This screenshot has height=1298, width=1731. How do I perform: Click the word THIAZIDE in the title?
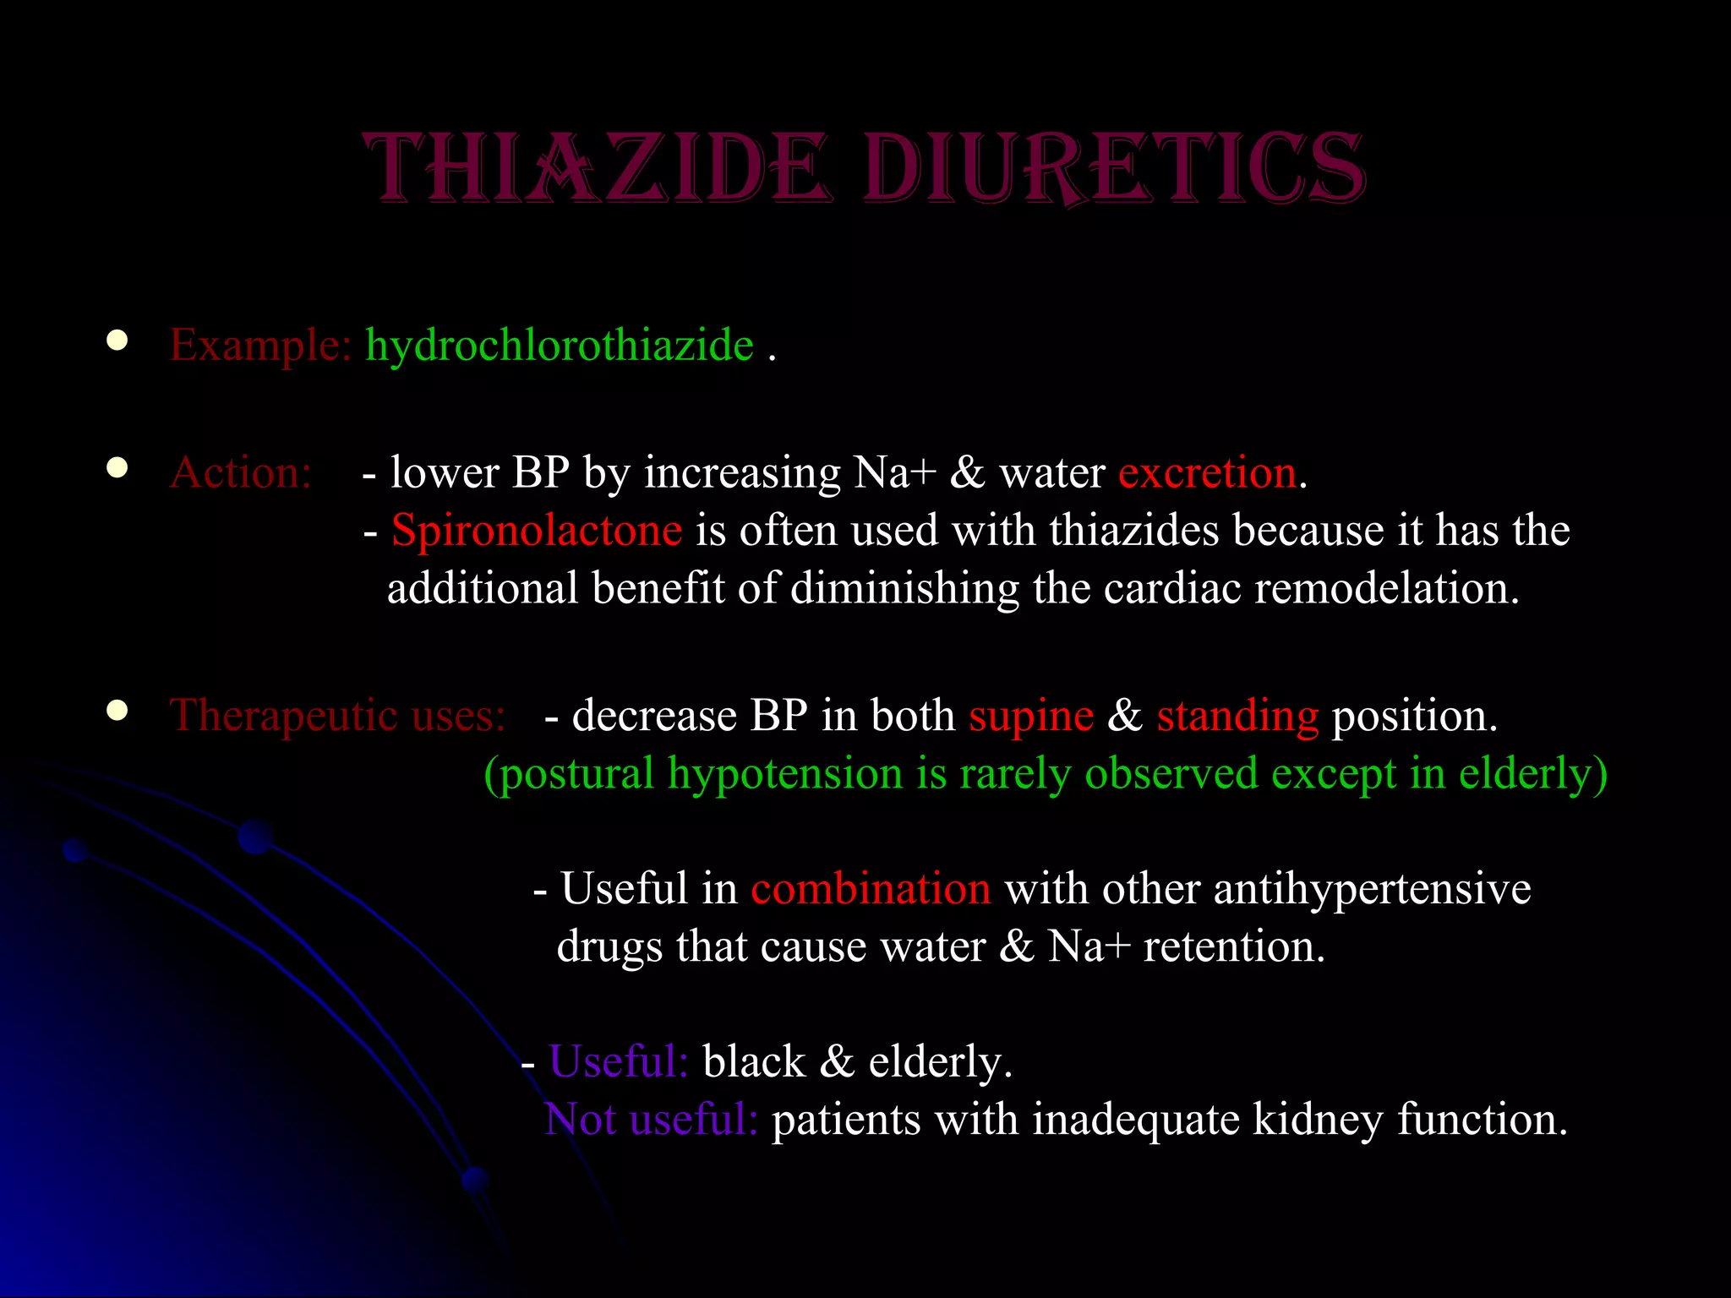coord(597,168)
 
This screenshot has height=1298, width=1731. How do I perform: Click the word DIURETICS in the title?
coord(1114,168)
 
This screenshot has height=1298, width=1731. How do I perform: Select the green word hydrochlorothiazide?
coord(560,346)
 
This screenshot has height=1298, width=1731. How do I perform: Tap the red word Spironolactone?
coord(537,532)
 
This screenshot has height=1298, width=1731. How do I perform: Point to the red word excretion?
coord(1207,473)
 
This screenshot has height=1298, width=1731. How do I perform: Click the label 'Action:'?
coord(241,473)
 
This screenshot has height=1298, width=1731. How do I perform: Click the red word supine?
coord(1031,717)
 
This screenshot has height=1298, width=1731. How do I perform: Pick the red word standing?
coord(1237,717)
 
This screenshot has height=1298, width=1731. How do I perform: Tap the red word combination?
coord(871,890)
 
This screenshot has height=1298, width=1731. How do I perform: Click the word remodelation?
coord(1386,589)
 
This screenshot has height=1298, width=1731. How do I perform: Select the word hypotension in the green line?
coord(785,774)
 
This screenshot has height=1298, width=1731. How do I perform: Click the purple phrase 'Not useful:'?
coord(652,1121)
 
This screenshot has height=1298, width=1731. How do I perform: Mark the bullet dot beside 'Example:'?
coord(117,341)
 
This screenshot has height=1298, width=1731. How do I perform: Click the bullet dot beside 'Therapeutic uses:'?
coord(117,711)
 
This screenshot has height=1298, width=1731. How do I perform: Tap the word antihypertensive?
coord(1372,890)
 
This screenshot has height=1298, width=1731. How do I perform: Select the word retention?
coord(1234,947)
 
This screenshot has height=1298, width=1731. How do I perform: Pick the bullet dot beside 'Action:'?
coord(117,468)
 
